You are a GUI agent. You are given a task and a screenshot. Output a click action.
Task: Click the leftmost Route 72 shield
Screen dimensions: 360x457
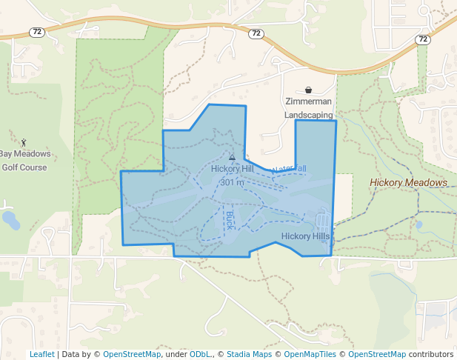[x=36, y=31]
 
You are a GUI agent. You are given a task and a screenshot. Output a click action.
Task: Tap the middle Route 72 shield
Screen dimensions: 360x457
[x=256, y=34]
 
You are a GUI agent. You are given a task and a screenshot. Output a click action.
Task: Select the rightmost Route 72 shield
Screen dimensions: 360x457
[x=423, y=39]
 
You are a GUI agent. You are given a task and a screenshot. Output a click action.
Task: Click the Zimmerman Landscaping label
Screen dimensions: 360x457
[x=309, y=108]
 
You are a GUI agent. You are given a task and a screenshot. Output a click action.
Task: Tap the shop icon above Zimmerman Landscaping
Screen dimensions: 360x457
[x=308, y=90]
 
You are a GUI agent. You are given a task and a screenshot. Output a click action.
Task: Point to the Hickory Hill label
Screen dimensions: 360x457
[x=232, y=169]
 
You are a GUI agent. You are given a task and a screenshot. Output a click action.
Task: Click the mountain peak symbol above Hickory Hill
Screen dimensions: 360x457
[x=232, y=157]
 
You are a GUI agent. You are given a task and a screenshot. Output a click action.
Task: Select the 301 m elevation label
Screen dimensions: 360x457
[x=232, y=182]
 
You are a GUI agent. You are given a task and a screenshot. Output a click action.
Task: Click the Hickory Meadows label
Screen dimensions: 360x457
[x=409, y=182]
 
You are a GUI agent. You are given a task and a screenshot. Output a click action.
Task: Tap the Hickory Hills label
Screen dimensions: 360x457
[x=305, y=236]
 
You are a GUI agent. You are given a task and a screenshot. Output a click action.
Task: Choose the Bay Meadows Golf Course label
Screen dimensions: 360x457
[x=24, y=161]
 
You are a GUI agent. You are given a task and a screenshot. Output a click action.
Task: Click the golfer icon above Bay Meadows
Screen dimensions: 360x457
[x=24, y=141]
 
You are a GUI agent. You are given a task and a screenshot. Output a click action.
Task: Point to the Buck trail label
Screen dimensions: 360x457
[x=229, y=219]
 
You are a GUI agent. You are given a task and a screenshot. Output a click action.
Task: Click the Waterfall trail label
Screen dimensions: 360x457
[x=290, y=170]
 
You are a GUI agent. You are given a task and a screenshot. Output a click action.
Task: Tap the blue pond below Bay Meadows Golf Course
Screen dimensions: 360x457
[x=10, y=219]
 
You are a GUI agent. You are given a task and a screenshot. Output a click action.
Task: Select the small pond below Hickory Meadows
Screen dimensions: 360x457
[x=419, y=224]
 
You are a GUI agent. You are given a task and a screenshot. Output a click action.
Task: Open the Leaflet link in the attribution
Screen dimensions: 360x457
[x=41, y=354]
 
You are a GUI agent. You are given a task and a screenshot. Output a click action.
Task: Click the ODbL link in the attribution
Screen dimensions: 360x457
[x=200, y=354]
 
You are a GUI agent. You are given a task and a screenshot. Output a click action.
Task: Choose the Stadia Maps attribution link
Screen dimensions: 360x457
[x=249, y=354]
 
